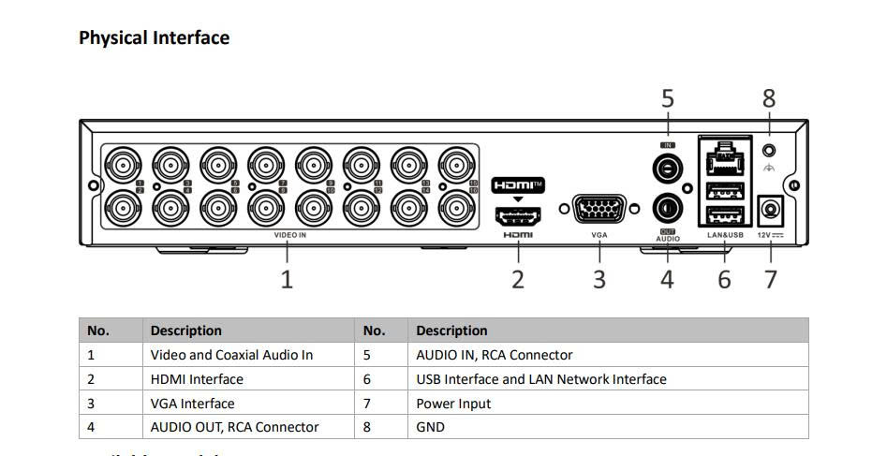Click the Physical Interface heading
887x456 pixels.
pyautogui.click(x=154, y=38)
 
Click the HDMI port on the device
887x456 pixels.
pyautogui.click(x=518, y=215)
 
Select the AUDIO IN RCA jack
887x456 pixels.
pyautogui.click(x=667, y=169)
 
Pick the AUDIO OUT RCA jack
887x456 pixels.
pyautogui.click(x=667, y=207)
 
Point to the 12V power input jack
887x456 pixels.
pyautogui.click(x=771, y=210)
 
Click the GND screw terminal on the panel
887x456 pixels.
pyautogui.click(x=769, y=150)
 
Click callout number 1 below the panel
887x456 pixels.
pyautogui.click(x=287, y=278)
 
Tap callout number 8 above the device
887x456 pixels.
pyautogui.click(x=769, y=98)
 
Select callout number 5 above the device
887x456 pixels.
pyautogui.click(x=667, y=98)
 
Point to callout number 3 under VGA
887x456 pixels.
pyautogui.click(x=599, y=278)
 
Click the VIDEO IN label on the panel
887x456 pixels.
pyautogui.click(x=289, y=235)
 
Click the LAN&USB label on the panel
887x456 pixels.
pyautogui.click(x=725, y=235)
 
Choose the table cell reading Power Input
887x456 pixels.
pyautogui.click(x=453, y=404)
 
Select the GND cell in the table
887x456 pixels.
pyautogui.click(x=430, y=427)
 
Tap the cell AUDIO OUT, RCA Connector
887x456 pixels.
pyautogui.click(x=234, y=427)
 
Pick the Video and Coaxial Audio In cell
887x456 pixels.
pyautogui.click(x=231, y=355)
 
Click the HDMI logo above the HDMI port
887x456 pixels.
pyautogui.click(x=518, y=185)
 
